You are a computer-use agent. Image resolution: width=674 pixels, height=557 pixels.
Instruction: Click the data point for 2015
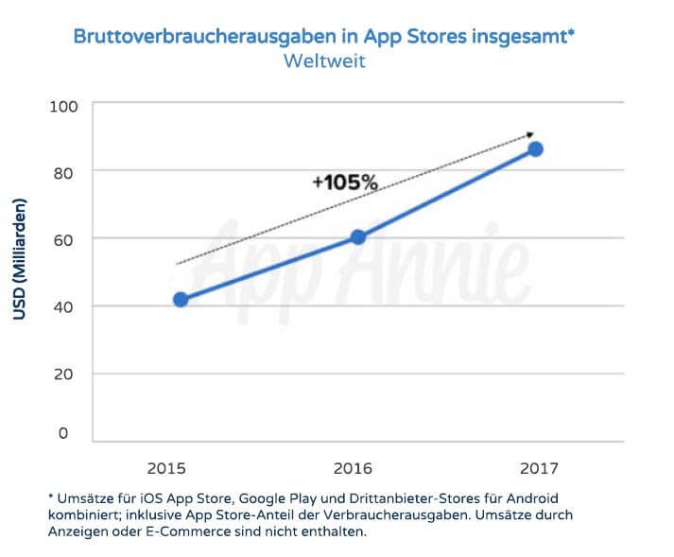click(181, 300)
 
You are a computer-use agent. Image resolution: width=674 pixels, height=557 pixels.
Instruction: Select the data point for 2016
click(358, 237)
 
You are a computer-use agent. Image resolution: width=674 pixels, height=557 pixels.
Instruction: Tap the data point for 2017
click(536, 149)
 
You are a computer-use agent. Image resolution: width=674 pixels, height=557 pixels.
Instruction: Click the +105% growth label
click(345, 183)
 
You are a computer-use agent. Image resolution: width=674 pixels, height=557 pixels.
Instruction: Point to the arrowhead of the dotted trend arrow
click(531, 135)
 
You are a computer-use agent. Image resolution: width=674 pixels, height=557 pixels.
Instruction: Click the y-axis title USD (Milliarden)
click(21, 259)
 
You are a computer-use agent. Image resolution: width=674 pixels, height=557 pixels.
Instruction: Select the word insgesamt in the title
click(521, 38)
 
